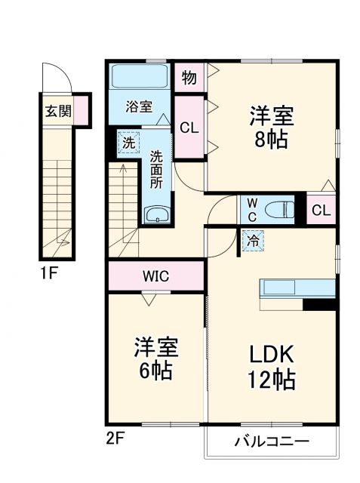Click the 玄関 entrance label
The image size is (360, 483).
pos(58,112)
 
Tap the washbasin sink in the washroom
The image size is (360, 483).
pos(157,214)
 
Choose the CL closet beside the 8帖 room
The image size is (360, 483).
pos(189,128)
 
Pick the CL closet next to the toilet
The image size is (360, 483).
pos(321,211)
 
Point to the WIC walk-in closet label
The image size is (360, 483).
pos(156,275)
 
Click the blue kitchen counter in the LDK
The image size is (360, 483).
pos(297,289)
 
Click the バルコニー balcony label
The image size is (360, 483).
pos(271,441)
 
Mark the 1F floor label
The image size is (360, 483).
pos(48,273)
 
